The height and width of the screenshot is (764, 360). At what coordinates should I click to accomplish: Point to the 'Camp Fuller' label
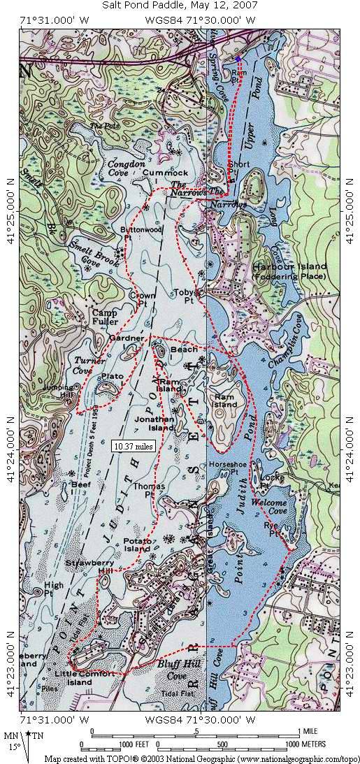click(105, 317)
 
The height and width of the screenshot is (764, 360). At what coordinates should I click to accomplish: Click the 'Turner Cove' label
click(89, 365)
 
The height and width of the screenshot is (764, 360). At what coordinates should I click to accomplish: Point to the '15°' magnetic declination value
click(14, 746)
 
